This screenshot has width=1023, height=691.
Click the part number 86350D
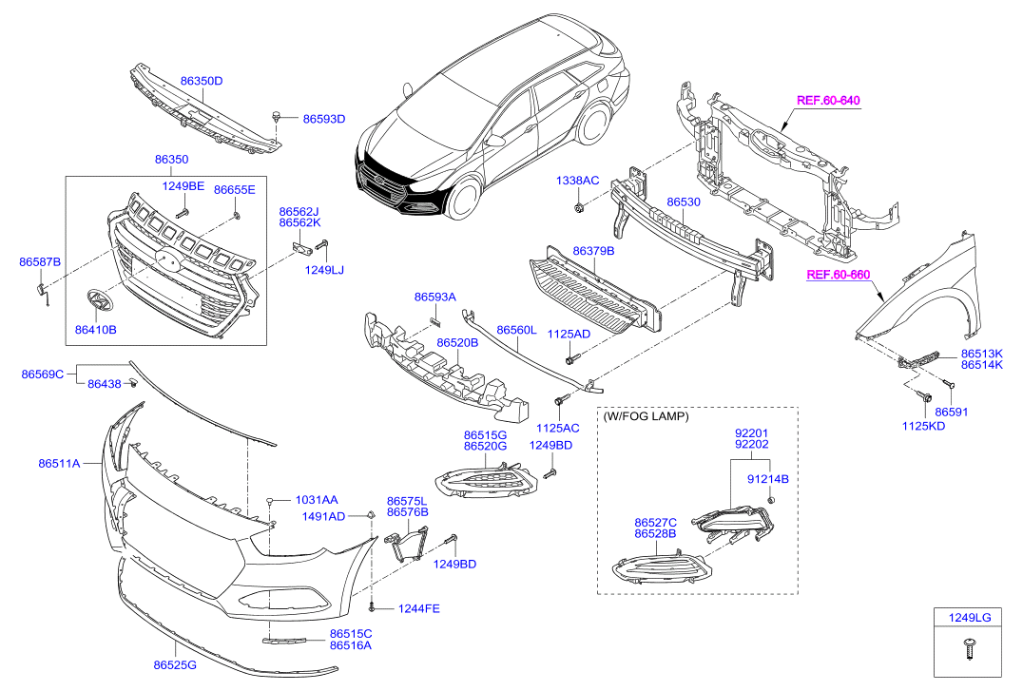(x=202, y=81)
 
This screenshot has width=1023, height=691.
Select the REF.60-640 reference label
(x=828, y=101)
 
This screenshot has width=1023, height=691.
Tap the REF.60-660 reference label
(x=839, y=275)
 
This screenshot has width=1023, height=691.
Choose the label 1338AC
(x=577, y=180)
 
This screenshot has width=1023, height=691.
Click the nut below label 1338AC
(x=578, y=208)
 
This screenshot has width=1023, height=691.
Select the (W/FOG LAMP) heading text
(x=646, y=415)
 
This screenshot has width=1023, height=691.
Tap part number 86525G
(x=175, y=665)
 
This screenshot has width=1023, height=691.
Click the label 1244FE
(x=419, y=608)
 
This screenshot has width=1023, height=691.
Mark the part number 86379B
(x=593, y=251)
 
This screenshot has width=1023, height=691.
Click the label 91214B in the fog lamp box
(x=768, y=478)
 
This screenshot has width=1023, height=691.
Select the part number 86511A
(x=59, y=463)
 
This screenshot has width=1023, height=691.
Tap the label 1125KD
(x=923, y=426)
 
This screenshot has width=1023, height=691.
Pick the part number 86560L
(x=516, y=330)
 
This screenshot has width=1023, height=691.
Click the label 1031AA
(x=317, y=500)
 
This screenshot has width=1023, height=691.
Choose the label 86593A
(x=435, y=297)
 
